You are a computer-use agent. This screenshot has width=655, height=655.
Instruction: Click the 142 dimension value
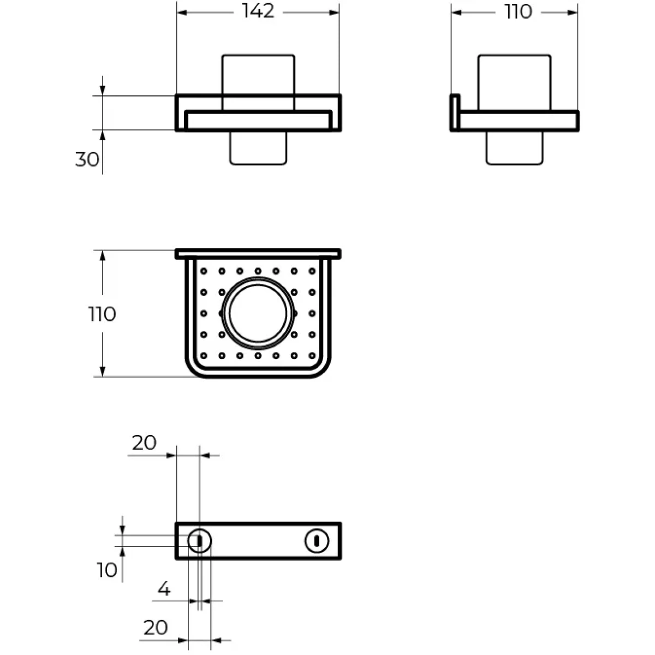click(258, 11)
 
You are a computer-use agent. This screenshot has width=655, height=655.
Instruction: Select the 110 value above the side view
click(517, 11)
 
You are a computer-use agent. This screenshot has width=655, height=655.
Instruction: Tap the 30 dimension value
click(87, 159)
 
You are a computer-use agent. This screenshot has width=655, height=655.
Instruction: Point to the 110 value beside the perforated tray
click(102, 314)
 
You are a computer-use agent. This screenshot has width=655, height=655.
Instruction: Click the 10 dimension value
click(107, 570)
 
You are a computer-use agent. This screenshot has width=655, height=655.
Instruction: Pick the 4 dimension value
click(164, 589)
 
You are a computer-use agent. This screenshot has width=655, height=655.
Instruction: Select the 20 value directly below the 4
click(156, 628)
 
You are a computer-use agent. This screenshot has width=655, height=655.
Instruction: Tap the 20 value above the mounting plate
click(144, 443)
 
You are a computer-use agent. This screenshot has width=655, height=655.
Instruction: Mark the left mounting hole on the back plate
click(199, 541)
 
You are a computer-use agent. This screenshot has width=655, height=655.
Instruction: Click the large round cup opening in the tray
click(257, 313)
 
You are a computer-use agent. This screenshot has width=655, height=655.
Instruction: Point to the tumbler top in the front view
click(258, 74)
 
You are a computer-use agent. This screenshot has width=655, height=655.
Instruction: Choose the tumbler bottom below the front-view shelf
click(258, 148)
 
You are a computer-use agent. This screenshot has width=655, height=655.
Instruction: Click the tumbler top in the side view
click(514, 82)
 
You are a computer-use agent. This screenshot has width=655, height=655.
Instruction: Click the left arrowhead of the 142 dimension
click(181, 13)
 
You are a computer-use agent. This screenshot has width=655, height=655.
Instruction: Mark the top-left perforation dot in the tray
click(204, 271)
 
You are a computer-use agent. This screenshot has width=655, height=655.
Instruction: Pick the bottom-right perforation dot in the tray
click(312, 356)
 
